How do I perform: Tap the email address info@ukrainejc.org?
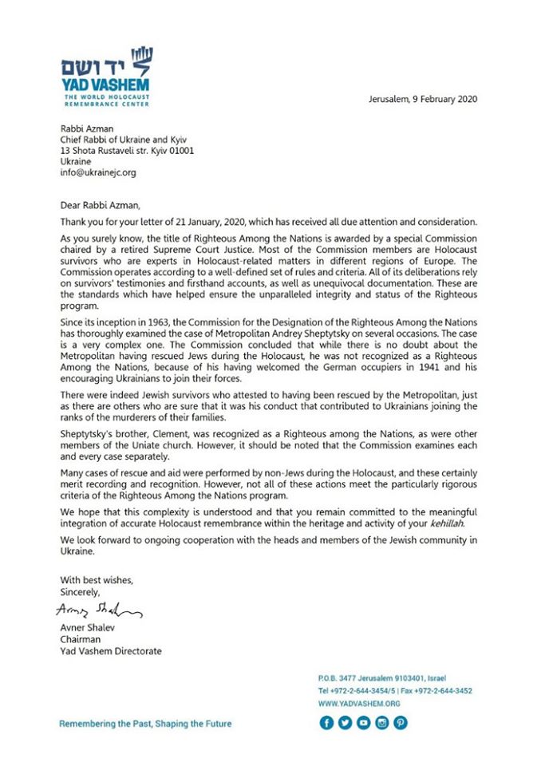(x=100, y=172)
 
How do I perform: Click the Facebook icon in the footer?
(x=326, y=723)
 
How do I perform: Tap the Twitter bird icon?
(x=345, y=723)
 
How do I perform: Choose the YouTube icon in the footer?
(x=363, y=723)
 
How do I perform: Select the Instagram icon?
(x=381, y=723)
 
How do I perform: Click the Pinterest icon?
(x=400, y=723)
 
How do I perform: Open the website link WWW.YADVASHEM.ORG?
(x=358, y=704)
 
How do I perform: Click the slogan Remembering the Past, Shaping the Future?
(x=145, y=724)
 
